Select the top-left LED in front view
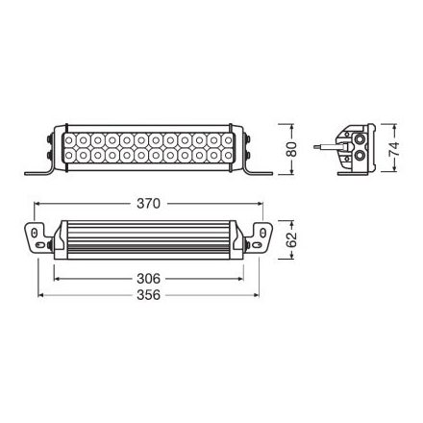[71, 137]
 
